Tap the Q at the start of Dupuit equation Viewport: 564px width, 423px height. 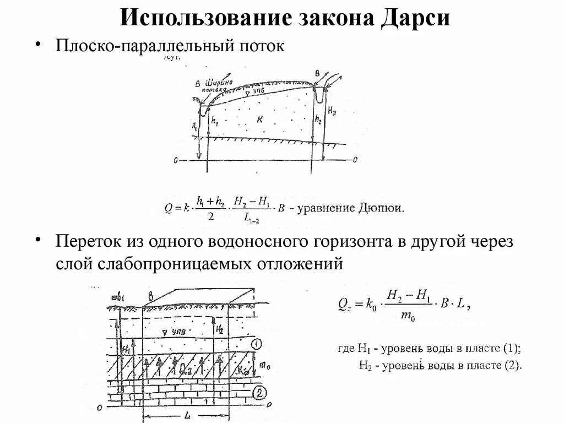coord(168,209)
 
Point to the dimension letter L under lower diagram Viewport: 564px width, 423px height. coord(188,417)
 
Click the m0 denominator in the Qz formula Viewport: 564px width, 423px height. coord(408,314)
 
